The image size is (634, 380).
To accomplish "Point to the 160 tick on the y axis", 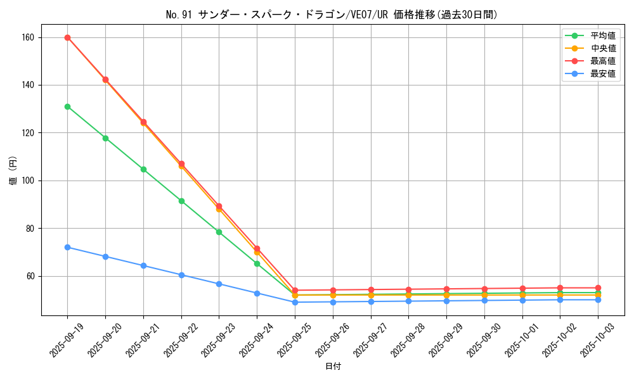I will pos(29,37).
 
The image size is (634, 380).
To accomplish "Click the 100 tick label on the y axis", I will pos(29,180).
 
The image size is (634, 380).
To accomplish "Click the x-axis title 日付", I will pos(333,367).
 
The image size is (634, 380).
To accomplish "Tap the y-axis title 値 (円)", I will pos(13,171).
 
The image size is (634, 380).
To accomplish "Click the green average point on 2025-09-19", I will pos(67,106).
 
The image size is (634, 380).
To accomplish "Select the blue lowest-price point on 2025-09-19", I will pos(67,247).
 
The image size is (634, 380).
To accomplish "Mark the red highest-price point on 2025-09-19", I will pos(67,37).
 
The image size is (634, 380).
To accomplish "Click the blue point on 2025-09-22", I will pos(181,275).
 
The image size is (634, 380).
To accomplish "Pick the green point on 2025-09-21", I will pos(143,169).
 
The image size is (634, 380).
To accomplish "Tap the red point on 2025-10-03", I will pos(598,288).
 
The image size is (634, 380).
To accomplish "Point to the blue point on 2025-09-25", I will pos(295,302).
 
